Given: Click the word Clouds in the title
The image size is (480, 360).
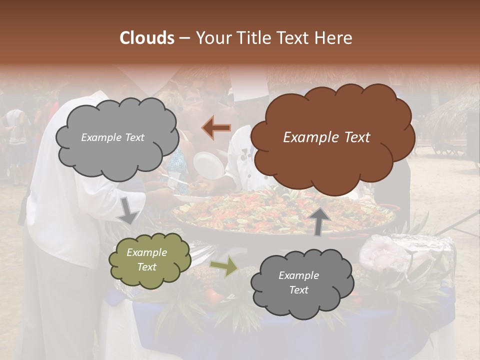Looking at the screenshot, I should click(x=147, y=38).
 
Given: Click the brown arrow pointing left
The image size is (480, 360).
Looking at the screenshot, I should click(x=216, y=128).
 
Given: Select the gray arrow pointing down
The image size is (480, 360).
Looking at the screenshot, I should click(x=128, y=210).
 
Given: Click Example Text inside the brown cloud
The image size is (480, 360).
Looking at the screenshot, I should click(x=326, y=137).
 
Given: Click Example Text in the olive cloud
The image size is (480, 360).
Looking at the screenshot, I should click(x=146, y=260).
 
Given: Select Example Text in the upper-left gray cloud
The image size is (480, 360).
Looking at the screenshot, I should click(x=112, y=137).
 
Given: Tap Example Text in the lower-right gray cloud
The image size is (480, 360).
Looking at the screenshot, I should click(x=298, y=282).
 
